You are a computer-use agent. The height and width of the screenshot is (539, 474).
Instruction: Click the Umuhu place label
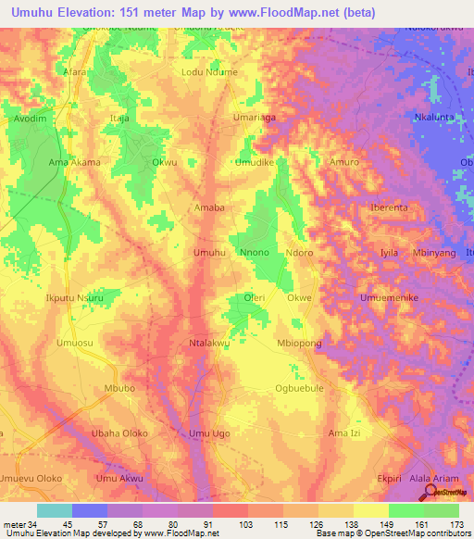tap(208, 252)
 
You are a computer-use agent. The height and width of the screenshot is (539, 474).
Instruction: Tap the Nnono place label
tap(254, 252)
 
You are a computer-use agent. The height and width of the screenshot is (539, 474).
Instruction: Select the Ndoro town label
tap(299, 252)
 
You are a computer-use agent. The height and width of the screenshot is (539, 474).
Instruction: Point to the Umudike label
tap(255, 162)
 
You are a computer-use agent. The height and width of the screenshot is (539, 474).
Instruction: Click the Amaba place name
tap(208, 207)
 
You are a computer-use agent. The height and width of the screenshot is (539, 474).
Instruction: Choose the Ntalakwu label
tap(208, 343)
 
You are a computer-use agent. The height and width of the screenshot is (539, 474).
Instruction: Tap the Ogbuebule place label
tap(299, 388)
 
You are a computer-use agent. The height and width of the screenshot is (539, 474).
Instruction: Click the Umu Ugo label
tap(208, 433)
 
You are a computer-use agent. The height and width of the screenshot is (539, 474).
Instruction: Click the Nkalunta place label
tap(433, 118)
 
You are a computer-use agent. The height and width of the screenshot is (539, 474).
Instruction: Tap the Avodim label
tap(29, 118)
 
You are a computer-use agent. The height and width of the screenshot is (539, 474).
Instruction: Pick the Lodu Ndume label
tap(209, 72)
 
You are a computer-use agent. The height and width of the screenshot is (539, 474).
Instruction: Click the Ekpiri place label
tap(390, 479)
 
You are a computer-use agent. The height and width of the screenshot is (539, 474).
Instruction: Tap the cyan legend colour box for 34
tap(55, 510)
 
